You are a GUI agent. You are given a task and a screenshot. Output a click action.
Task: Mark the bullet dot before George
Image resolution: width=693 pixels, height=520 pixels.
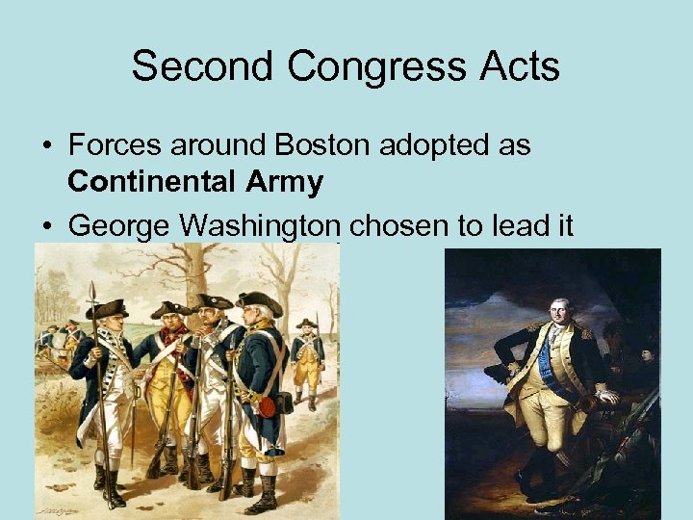[x=46, y=227]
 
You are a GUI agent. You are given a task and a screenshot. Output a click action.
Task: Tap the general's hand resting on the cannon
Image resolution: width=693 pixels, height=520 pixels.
[x=606, y=396]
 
